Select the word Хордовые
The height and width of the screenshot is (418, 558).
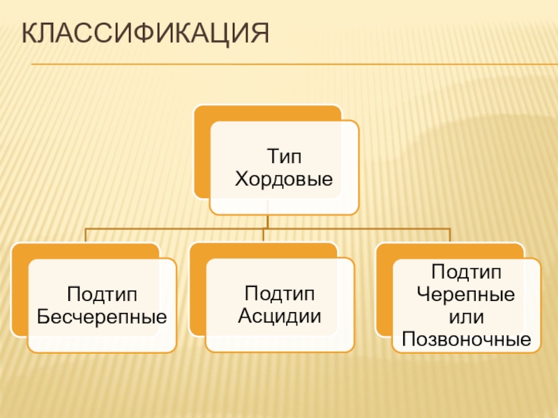pos(284,180)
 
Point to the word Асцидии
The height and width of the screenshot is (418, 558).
pos(280,316)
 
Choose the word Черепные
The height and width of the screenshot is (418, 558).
pos(466,294)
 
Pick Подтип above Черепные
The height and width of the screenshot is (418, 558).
pos(466,270)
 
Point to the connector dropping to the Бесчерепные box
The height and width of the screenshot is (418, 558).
pos(86,235)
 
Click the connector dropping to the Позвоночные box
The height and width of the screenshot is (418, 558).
pos(451,235)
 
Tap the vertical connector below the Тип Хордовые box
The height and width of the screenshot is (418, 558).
pos(267,221)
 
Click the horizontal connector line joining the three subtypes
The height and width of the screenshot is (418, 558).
pos(174,228)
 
